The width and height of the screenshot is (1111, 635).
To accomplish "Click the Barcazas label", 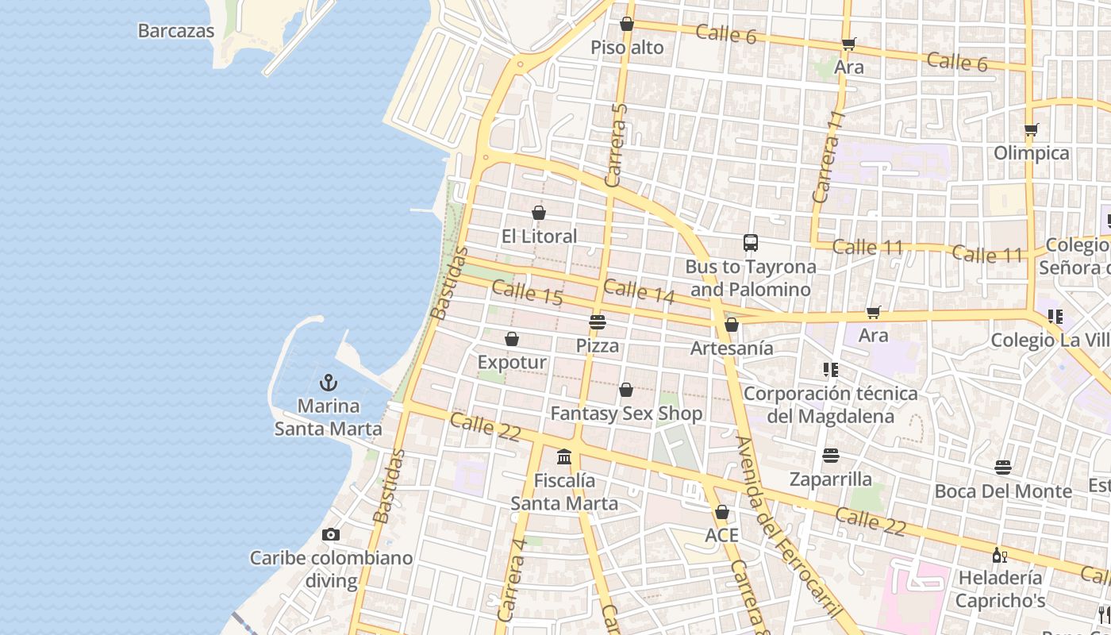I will pos(176,31).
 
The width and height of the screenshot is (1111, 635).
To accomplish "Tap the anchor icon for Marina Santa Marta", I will pos(329,382).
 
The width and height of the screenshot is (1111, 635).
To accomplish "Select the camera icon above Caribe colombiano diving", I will pos(331,534).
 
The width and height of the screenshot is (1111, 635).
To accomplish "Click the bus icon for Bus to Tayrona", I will pos(750,243).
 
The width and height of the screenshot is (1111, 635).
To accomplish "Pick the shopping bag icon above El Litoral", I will pos(539,213).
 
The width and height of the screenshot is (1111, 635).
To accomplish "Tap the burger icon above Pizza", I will pos(598,322).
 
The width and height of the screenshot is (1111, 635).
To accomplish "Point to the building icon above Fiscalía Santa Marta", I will pos(564,456).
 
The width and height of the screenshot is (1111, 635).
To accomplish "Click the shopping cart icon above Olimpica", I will pos(1031,129).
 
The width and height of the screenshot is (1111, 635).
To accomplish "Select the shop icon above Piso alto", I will pos(627,24).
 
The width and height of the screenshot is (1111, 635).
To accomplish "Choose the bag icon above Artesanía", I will pos(732,325).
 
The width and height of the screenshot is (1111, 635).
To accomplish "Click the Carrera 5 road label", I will pos(617,145).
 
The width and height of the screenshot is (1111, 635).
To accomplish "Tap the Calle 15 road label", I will pos(527,293).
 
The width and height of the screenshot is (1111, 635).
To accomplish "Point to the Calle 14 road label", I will pos(639,291).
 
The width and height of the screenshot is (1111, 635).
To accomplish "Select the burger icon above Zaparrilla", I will pos(831,456).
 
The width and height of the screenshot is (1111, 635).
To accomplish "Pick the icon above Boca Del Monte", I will pos(1003,468).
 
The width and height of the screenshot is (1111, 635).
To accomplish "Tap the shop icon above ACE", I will pos(721,512).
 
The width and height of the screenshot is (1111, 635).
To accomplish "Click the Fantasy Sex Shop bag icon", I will pos(626,390).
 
